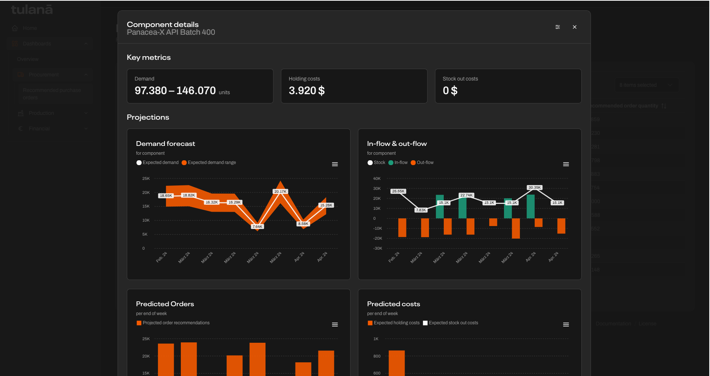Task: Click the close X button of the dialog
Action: tap(574, 27)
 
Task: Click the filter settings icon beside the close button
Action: tap(557, 27)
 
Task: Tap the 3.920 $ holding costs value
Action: tap(306, 90)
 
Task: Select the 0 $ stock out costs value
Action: tap(450, 90)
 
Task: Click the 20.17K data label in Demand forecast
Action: tap(280, 191)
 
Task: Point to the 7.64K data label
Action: tap(257, 226)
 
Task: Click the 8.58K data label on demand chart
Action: tap(303, 223)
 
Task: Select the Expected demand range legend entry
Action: tap(209, 163)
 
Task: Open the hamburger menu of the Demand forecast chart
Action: tap(335, 164)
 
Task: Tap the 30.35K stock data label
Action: tap(534, 188)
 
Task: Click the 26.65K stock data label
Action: tap(398, 191)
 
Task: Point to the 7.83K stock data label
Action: tap(421, 210)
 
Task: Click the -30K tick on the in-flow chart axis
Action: tap(378, 248)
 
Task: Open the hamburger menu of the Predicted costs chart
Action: tap(566, 325)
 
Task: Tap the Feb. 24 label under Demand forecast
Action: tap(162, 257)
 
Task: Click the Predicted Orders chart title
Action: tap(165, 304)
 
